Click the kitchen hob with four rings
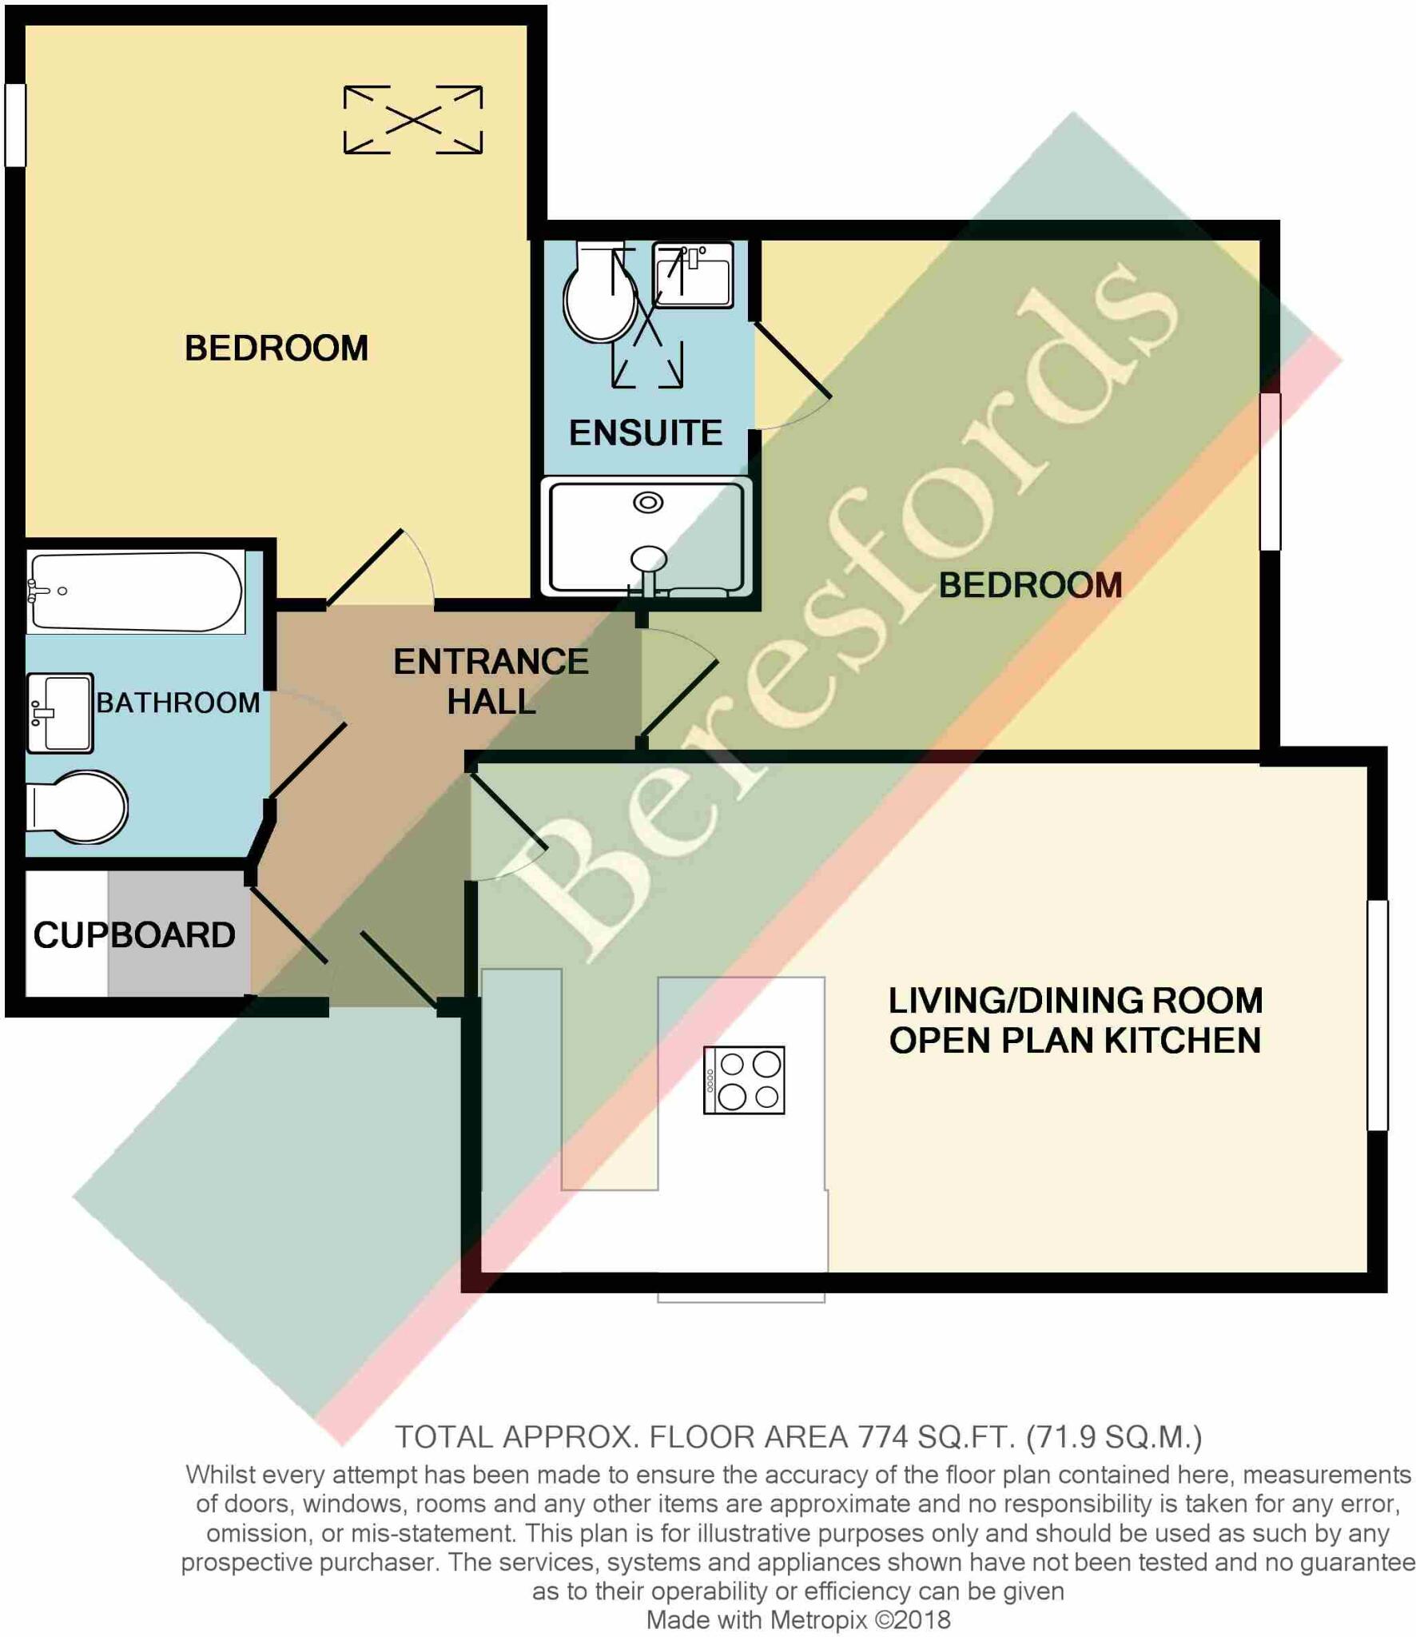743,1080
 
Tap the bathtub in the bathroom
135,591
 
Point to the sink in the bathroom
60,713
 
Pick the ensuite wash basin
693,275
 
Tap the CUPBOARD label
134,934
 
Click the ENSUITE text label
646,432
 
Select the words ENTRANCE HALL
491,681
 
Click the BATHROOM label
178,703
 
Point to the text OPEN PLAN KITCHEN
1075,1041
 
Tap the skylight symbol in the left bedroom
413,120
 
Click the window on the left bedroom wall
15,125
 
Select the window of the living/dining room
1378,1015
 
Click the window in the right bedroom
1271,472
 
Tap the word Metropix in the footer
818,1620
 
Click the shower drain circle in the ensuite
648,503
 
